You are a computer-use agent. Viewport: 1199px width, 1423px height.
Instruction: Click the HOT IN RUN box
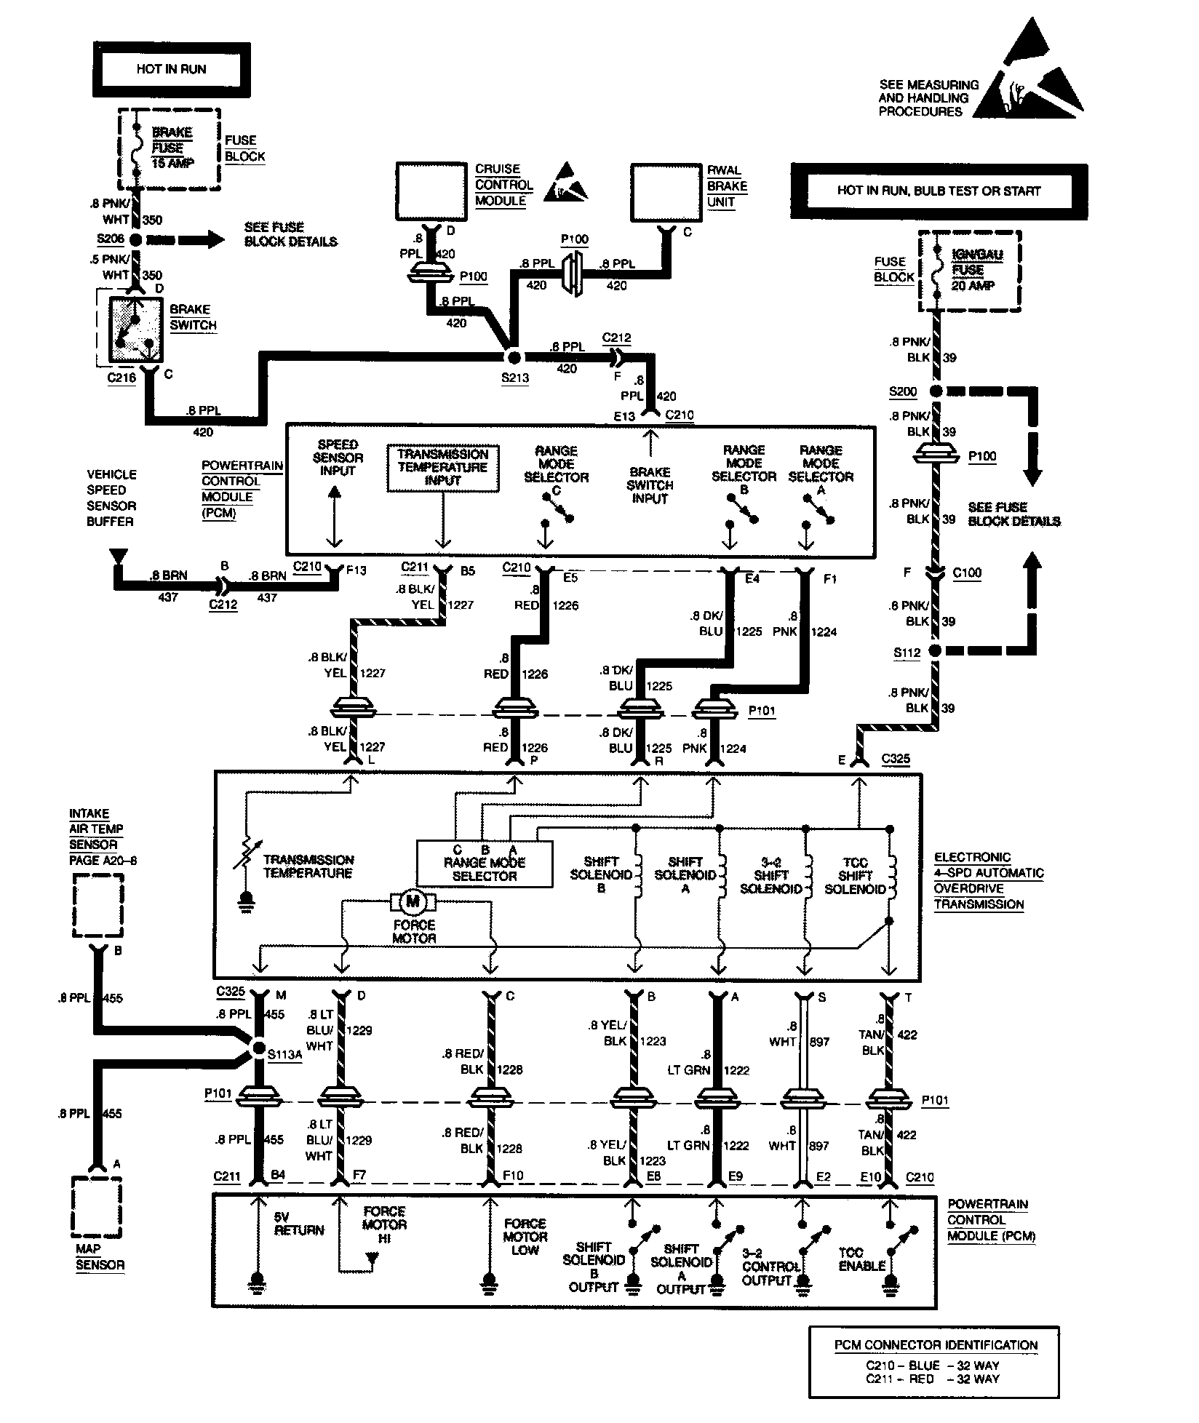(172, 70)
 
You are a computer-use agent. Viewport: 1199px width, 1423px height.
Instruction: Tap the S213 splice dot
(514, 357)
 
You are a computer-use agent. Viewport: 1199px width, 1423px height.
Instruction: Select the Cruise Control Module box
(431, 191)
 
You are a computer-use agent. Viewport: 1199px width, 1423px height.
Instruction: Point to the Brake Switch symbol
(136, 329)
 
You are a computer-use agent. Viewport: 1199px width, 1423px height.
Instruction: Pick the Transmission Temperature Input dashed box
(442, 468)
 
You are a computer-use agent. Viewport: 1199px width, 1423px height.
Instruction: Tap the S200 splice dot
(936, 391)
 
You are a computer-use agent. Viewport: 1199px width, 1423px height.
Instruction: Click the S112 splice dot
(936, 650)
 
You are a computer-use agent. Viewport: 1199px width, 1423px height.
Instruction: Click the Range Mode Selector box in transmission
(484, 864)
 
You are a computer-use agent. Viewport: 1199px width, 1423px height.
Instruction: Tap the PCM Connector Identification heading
(936, 1345)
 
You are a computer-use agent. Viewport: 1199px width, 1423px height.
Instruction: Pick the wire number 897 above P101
(819, 1042)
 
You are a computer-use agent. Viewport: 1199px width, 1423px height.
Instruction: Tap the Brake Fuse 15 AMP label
(172, 148)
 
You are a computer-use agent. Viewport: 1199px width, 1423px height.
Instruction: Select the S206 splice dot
(137, 239)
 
